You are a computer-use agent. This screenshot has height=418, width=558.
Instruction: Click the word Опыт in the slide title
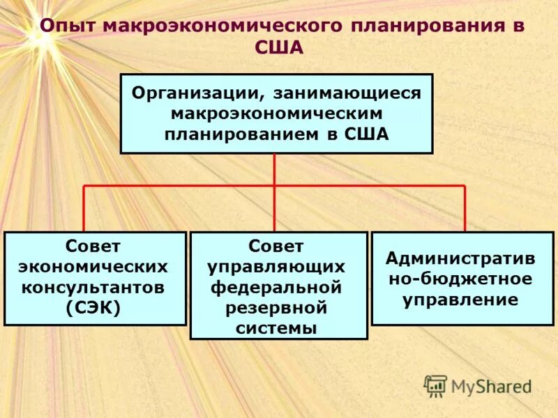pyautogui.click(x=66, y=26)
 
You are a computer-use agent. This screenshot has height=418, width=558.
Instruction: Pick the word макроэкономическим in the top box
pyautogui.click(x=276, y=113)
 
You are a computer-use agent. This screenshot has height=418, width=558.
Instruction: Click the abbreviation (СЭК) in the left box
pyautogui.click(x=95, y=307)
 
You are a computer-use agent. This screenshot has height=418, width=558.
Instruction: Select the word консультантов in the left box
pyautogui.click(x=95, y=286)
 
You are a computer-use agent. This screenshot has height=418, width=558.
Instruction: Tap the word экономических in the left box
pyautogui.click(x=95, y=266)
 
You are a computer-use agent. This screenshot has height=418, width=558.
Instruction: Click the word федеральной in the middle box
pyautogui.click(x=278, y=286)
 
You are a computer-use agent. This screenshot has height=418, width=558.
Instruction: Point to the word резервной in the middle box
pyautogui.click(x=278, y=307)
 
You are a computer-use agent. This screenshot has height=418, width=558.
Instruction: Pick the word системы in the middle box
pyautogui.click(x=278, y=327)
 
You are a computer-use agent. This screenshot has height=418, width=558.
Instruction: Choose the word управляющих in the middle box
pyautogui.click(x=278, y=266)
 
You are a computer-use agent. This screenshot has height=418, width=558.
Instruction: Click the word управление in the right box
pyautogui.click(x=462, y=300)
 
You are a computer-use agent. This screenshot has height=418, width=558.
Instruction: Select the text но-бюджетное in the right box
pyautogui.click(x=462, y=279)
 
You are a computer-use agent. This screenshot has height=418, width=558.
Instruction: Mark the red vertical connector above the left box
pyautogui.click(x=84, y=208)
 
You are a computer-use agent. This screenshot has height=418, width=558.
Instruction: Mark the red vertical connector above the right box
pyautogui.click(x=465, y=208)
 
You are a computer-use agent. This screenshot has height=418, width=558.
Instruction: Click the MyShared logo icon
pyautogui.click(x=435, y=385)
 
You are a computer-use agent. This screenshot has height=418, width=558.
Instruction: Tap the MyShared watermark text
pyautogui.click(x=491, y=386)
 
